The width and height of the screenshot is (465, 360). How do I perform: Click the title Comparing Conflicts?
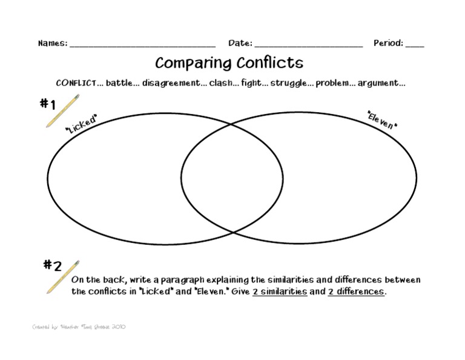point(229,63)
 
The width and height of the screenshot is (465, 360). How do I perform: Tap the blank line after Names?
point(142,45)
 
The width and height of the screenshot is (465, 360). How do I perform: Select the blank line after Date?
point(309,45)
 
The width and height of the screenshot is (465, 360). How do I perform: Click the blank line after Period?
point(415,45)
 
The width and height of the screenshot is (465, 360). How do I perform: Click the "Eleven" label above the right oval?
point(382,119)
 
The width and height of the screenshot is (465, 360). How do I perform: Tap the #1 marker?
point(48,104)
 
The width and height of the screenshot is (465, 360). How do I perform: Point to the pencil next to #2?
point(63,277)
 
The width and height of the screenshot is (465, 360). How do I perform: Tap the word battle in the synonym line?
point(119,84)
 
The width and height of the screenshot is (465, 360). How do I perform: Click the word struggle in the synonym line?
point(288,84)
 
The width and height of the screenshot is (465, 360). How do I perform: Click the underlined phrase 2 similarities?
point(280,292)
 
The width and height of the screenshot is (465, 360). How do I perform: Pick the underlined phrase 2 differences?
point(356,292)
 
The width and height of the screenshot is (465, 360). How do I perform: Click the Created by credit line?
point(79,327)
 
